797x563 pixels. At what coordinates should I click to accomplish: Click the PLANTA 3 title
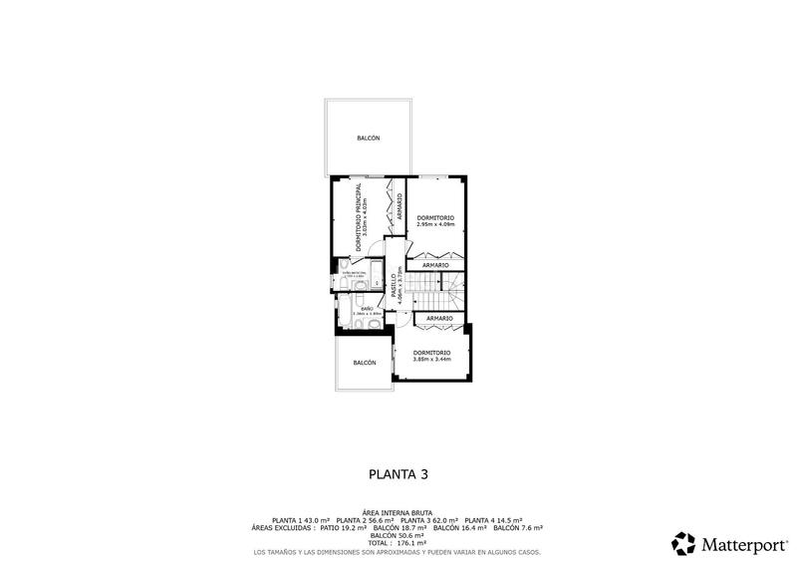398,474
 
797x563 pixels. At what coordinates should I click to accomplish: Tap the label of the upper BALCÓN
369,139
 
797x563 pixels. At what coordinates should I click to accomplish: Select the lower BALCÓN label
365,363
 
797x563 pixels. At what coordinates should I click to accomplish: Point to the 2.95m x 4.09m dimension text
435,224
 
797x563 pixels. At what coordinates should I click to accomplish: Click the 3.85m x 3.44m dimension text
431,359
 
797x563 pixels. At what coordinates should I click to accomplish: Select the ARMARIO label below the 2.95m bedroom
435,266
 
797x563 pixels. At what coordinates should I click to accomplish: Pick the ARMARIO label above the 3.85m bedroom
439,318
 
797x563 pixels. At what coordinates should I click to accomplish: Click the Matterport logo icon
683,543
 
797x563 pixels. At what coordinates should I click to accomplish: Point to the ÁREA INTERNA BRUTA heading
398,512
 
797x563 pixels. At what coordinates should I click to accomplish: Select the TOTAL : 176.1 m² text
398,542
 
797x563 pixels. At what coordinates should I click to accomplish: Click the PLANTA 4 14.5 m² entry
495,520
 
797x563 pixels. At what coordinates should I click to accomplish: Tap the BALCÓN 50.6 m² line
398,535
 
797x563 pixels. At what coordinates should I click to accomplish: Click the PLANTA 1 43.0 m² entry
301,520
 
